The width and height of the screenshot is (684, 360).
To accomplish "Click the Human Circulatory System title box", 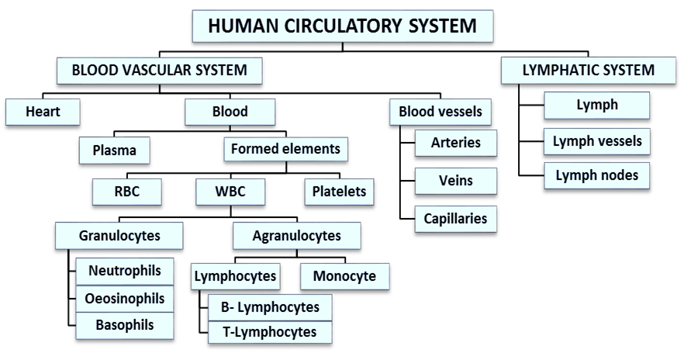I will [342, 26].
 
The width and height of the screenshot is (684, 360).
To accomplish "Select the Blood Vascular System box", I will [159, 71].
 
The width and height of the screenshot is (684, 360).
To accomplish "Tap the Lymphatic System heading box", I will [588, 71].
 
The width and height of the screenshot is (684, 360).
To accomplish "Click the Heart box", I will [43, 112].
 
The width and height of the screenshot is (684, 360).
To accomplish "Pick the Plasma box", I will [114, 151].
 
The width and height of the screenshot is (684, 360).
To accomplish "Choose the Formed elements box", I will [285, 149].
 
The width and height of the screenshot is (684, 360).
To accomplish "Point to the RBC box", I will [126, 192].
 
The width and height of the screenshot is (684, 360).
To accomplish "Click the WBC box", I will [230, 192].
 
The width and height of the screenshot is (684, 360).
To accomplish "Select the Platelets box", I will [339, 192].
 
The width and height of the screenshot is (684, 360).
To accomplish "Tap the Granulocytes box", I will [119, 235].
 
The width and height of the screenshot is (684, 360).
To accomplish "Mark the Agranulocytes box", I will [296, 235].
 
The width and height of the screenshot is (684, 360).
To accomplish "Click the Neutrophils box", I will [125, 272].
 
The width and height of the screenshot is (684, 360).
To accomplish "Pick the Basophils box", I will [125, 325].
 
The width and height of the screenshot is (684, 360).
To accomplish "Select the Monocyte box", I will [344, 276].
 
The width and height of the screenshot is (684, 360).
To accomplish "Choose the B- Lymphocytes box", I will [270, 307].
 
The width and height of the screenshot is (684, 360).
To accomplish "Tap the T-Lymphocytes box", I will [270, 332].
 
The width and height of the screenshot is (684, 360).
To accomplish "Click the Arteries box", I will [455, 143].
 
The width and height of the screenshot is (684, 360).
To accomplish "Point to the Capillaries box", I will [455, 219].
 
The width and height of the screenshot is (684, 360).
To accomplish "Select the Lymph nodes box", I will [596, 175].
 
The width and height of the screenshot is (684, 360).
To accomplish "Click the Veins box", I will [455, 181].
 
